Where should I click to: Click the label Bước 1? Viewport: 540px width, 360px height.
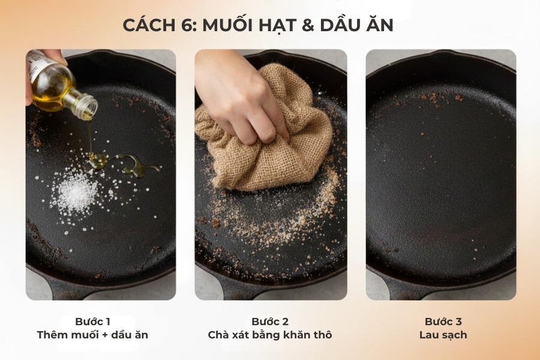tap(93, 322)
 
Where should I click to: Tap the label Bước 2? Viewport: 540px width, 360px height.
tap(270, 322)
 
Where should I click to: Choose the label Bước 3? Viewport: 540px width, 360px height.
tap(443, 322)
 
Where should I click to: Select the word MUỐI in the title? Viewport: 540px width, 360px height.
tap(229, 26)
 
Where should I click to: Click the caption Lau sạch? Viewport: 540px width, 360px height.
tap(443, 335)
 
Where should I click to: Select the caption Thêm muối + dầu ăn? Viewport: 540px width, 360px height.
tap(92, 335)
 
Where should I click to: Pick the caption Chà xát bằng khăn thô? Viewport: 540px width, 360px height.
tap(270, 335)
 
